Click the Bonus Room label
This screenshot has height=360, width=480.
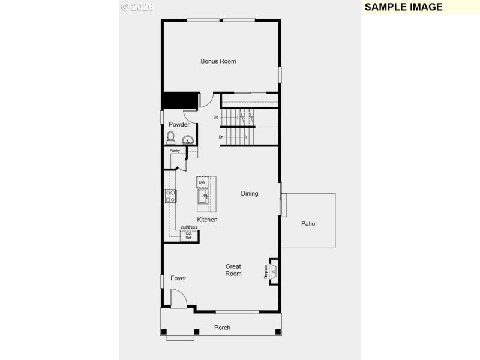click(x=218, y=61)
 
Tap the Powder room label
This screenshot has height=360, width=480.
click(x=179, y=125)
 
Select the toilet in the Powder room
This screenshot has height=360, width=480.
click(x=171, y=137)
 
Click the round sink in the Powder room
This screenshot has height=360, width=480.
click(x=188, y=140)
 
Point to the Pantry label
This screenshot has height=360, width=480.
click(x=175, y=151)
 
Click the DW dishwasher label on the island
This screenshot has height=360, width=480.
click(x=202, y=182)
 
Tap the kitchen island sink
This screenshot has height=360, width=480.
click(x=203, y=196)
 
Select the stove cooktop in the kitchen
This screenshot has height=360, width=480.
click(x=170, y=196)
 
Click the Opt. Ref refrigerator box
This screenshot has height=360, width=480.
click(x=189, y=235)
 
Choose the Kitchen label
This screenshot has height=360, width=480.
click(x=207, y=220)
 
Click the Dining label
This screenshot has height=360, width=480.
click(x=250, y=194)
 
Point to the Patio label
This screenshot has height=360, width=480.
click(x=308, y=224)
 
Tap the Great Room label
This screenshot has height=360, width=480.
click(x=233, y=270)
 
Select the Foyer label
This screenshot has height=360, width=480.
click(x=178, y=278)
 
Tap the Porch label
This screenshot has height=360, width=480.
click(x=222, y=328)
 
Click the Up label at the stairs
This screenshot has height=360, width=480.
click(x=216, y=118)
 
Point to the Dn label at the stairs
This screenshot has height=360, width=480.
click(x=221, y=137)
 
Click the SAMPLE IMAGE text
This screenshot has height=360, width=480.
click(x=403, y=7)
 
